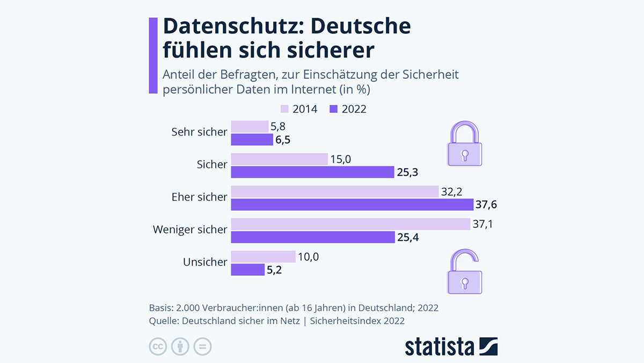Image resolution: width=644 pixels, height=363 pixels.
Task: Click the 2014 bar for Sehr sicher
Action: pyautogui.click(x=250, y=126)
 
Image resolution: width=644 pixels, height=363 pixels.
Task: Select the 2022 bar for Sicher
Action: pyautogui.click(x=312, y=172)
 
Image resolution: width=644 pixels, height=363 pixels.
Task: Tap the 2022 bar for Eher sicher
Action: pyautogui.click(x=352, y=204)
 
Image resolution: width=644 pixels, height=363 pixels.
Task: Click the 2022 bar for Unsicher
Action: pyautogui.click(x=247, y=269)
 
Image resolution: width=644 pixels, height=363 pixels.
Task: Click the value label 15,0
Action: pyautogui.click(x=342, y=159)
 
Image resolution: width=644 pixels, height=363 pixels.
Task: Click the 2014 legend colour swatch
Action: pyautogui.click(x=284, y=109)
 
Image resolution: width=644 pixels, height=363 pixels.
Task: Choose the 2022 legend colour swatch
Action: pyautogui.click(x=333, y=109)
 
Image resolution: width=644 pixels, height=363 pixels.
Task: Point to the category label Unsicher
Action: pyautogui.click(x=205, y=262)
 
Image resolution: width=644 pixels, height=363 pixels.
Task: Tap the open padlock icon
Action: pyautogui.click(x=465, y=272)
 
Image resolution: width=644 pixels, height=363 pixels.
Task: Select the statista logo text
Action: pyautogui.click(x=440, y=346)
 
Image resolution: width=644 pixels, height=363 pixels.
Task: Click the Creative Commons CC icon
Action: pyautogui.click(x=158, y=346)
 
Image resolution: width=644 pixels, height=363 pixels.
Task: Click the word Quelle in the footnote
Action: pyautogui.click(x=164, y=321)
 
